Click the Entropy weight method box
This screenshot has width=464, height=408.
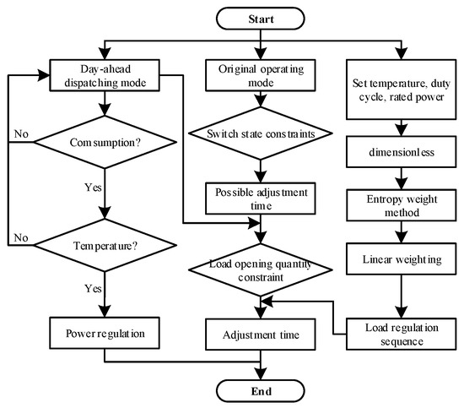tap(400, 204)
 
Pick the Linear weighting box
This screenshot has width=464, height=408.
tap(400, 258)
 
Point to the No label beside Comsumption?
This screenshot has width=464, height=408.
tap(23, 133)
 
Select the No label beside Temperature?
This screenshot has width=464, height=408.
tap(23, 238)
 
